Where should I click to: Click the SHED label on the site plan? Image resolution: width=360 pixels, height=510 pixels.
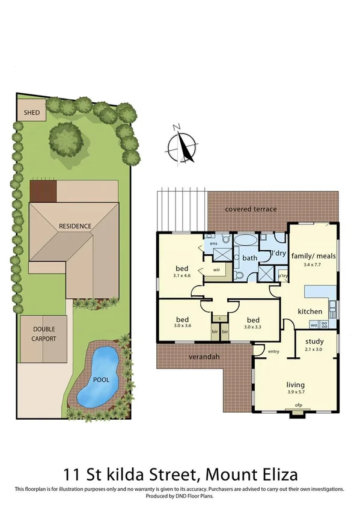coord(31,112)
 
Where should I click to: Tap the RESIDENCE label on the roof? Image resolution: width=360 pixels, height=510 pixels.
coord(75,226)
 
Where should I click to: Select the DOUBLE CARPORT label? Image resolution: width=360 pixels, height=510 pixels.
coord(44,334)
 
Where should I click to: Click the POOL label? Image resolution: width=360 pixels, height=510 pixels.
coord(101,381)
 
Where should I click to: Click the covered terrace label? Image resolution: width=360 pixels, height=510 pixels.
coord(251,209)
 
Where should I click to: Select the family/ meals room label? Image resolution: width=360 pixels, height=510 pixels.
coord(313,256)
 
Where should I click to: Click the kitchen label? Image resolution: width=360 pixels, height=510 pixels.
coord(310,312)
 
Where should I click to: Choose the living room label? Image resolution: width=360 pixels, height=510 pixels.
coord(295,385)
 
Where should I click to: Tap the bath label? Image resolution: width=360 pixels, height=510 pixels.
coord(249,258)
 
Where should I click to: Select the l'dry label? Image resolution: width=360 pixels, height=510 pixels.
coord(278,254)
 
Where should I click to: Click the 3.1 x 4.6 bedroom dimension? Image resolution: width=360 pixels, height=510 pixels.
coord(182,275)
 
